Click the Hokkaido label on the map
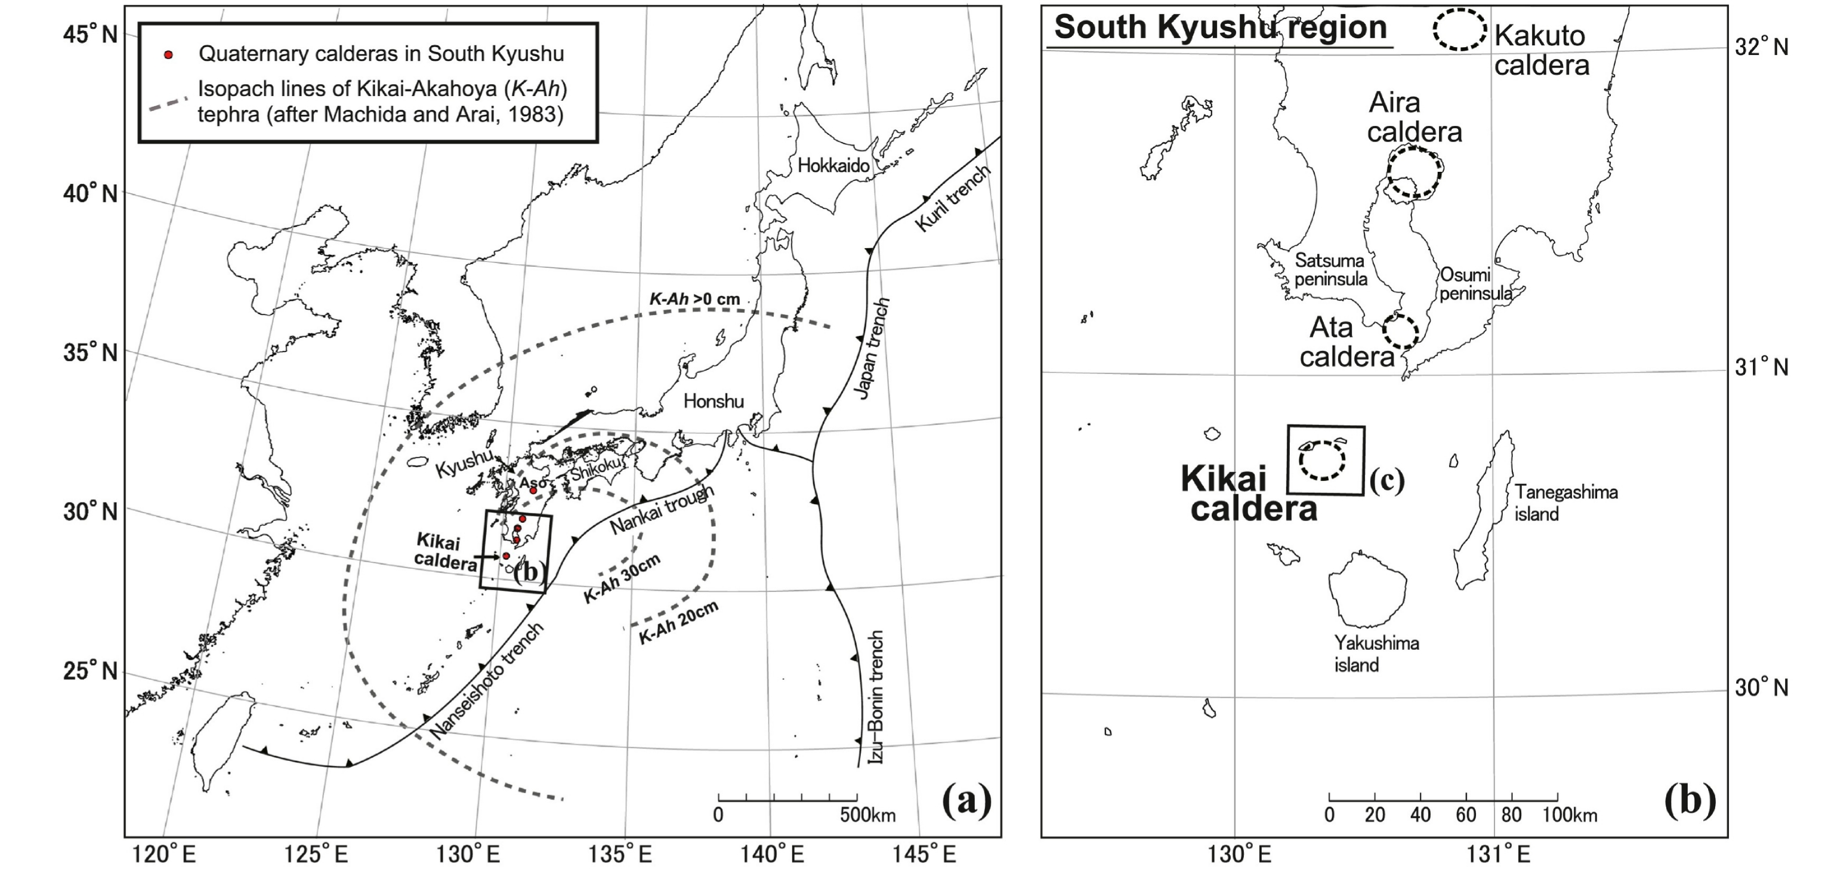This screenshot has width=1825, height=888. click(x=833, y=166)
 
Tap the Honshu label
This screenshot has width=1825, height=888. click(x=714, y=402)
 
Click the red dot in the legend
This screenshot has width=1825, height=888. click(x=168, y=54)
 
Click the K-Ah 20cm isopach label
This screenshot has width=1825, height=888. click(x=678, y=623)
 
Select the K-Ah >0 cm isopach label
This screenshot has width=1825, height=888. click(x=694, y=299)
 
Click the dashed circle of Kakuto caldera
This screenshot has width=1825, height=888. click(x=1459, y=30)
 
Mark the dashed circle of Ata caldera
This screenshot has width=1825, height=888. click(x=1401, y=331)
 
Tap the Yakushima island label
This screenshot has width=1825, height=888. click(x=1376, y=653)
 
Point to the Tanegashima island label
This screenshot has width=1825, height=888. click(x=1565, y=502)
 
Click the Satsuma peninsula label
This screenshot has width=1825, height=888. click(x=1330, y=269)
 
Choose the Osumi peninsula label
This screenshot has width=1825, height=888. click(x=1475, y=283)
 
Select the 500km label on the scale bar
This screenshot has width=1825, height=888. click(x=868, y=815)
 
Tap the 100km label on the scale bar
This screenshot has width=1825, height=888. click(x=1570, y=815)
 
